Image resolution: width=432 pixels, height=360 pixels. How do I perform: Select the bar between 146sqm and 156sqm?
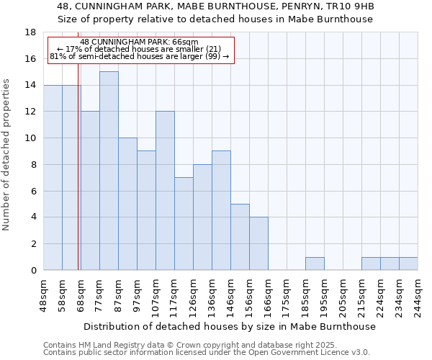(x=240, y=237)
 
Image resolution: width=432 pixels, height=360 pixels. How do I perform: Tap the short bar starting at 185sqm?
(x=315, y=264)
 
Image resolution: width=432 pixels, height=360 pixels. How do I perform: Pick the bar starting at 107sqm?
(x=165, y=191)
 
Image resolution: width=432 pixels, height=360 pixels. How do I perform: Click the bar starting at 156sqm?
(x=258, y=243)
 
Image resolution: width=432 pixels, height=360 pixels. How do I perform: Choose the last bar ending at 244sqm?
(x=408, y=264)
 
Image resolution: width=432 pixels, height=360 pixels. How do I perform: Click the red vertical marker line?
(x=78, y=180)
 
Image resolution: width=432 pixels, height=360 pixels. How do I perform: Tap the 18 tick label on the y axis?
(x=30, y=32)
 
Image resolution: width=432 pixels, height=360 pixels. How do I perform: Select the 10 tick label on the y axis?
(x=30, y=138)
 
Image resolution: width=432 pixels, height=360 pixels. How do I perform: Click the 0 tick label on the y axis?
(x=33, y=271)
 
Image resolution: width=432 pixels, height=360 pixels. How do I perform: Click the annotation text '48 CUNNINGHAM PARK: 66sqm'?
(x=139, y=42)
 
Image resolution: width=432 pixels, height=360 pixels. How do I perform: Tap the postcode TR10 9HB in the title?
(x=350, y=6)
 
